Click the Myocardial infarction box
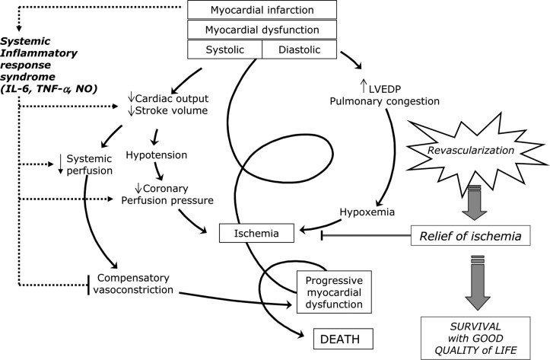[x=262, y=10]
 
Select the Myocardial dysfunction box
[x=262, y=30]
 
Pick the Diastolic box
[x=299, y=49]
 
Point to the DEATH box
[x=345, y=337]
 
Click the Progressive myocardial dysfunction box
[x=335, y=292]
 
